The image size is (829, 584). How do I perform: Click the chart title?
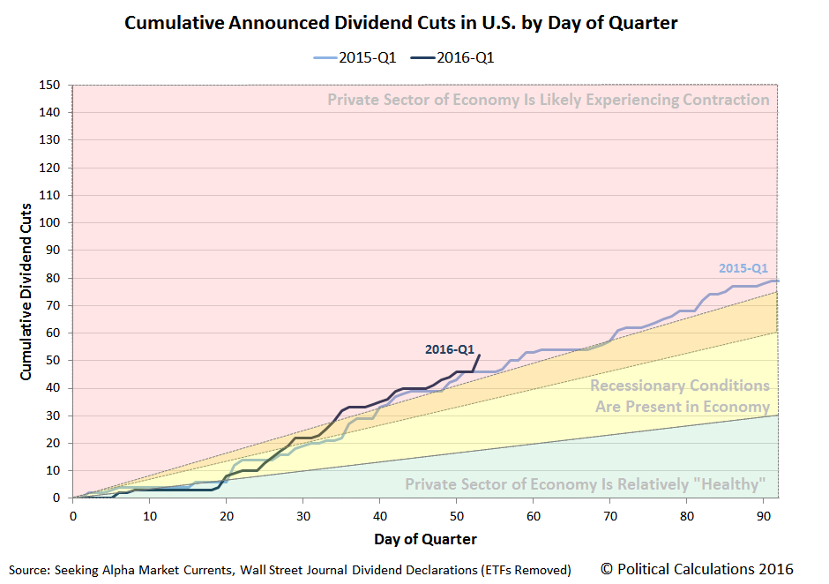coord(400,23)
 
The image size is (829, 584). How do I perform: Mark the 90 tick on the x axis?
coord(762,515)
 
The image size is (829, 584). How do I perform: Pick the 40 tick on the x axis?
coord(379,515)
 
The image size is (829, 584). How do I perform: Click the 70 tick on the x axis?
coord(609,515)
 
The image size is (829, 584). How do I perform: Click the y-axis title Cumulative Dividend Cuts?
coord(26,291)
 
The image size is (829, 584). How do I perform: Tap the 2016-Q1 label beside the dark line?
coord(449,349)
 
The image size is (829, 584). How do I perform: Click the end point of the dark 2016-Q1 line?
coord(478,355)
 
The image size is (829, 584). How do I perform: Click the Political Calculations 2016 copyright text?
coord(698,568)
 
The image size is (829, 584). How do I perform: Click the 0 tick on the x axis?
coord(73,515)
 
